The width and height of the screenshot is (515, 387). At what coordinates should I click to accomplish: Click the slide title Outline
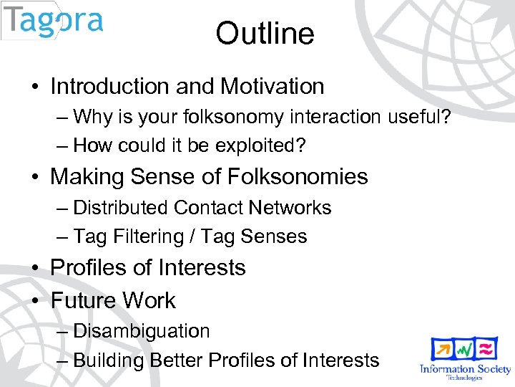[265, 34]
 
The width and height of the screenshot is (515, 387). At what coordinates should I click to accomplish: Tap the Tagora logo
[53, 21]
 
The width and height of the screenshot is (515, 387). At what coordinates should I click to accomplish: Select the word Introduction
[110, 87]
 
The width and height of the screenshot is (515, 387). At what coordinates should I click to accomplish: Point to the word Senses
[275, 236]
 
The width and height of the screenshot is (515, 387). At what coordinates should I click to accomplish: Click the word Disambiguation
[142, 331]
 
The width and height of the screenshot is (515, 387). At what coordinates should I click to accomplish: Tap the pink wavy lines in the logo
[486, 349]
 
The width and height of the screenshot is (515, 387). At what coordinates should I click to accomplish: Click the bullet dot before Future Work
[35, 301]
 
